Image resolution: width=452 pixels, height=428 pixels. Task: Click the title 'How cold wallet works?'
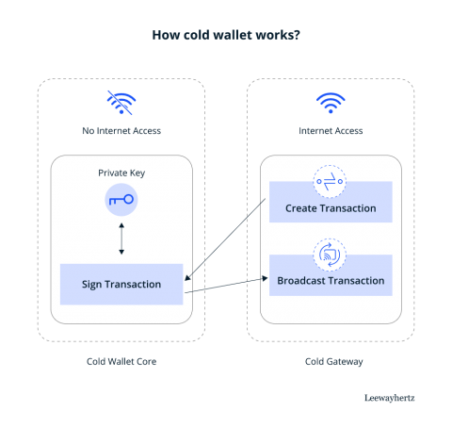pyautogui.click(x=225, y=36)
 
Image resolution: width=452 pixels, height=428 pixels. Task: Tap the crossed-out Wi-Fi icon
pyautogui.click(x=121, y=103)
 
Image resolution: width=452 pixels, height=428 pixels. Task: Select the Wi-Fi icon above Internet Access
pyautogui.click(x=330, y=103)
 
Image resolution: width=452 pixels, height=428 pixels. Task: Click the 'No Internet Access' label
pyautogui.click(x=121, y=130)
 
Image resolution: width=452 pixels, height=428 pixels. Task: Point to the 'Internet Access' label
pyautogui.click(x=330, y=130)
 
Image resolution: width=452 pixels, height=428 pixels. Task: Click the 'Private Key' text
pyautogui.click(x=121, y=173)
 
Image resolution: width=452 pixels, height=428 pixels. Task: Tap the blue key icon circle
pyautogui.click(x=121, y=200)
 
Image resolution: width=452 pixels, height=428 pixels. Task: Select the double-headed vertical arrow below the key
pyautogui.click(x=121, y=239)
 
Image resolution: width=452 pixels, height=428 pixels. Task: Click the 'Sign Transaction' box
pyautogui.click(x=121, y=284)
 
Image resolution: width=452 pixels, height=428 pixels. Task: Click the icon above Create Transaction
pyautogui.click(x=330, y=180)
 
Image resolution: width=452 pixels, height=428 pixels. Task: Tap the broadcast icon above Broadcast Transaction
pyautogui.click(x=330, y=253)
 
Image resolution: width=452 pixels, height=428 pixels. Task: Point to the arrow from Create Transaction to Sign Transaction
pyautogui.click(x=226, y=240)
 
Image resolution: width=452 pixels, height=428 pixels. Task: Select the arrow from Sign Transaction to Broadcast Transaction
pyautogui.click(x=226, y=287)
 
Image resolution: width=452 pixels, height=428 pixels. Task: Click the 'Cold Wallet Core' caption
pyautogui.click(x=121, y=360)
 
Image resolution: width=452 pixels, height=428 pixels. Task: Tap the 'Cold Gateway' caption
pyautogui.click(x=330, y=360)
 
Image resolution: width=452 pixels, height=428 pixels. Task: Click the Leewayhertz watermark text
pyautogui.click(x=388, y=398)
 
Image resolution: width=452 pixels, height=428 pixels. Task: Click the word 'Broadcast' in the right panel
pyautogui.click(x=300, y=281)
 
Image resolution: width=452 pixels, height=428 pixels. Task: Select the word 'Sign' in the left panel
pyautogui.click(x=92, y=284)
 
